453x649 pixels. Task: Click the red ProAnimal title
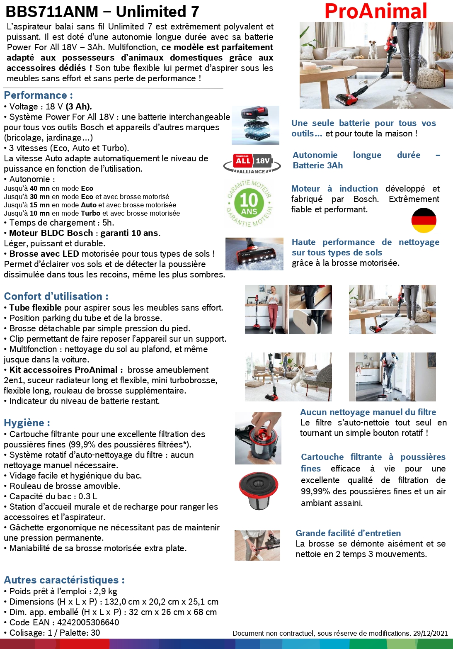pos(375,11)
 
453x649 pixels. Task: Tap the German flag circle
pos(424,221)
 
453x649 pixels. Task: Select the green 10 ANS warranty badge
pos(249,203)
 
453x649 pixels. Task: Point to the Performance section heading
pos(38,95)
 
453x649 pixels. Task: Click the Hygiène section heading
pos(27,423)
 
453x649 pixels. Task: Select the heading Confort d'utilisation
pos(56,297)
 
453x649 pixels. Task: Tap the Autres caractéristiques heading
pos(64,580)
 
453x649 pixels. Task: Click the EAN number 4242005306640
pos(88,622)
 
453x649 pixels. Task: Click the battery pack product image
pos(255,125)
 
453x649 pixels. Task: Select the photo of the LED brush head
pos(254,254)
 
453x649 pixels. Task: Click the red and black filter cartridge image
pos(259,491)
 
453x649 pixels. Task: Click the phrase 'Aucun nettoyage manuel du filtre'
pos(368,412)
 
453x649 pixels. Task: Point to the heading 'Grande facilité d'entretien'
pos(348,533)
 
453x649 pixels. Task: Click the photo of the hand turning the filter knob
pos(258,438)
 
